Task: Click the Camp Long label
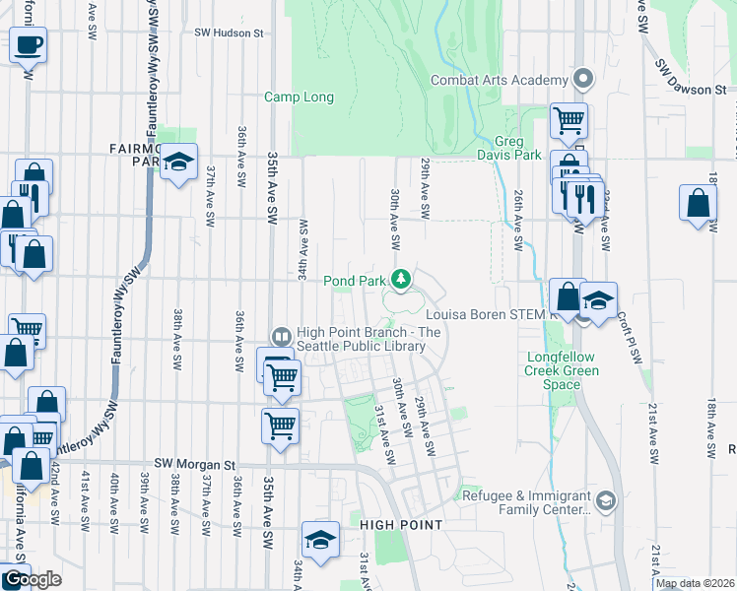(x=299, y=98)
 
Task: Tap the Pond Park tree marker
(x=401, y=281)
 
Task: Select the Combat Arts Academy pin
(x=583, y=79)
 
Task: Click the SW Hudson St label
(x=230, y=33)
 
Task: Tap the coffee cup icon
(x=29, y=44)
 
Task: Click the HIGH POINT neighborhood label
(x=400, y=525)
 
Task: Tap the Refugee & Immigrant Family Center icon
(x=605, y=502)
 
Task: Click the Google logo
(x=32, y=579)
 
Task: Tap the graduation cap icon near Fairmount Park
(x=178, y=163)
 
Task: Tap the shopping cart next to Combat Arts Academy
(x=569, y=121)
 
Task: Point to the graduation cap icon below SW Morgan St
(x=321, y=540)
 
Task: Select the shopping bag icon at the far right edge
(x=698, y=204)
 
